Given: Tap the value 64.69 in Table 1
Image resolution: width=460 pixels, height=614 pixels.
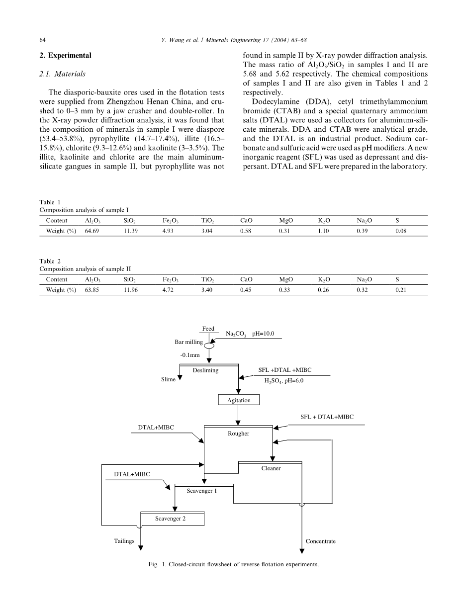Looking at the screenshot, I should (92, 231).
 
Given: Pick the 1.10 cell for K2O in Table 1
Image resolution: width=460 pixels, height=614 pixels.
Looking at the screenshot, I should (324, 231).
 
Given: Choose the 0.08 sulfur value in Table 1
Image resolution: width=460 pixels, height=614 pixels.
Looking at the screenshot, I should (401, 231).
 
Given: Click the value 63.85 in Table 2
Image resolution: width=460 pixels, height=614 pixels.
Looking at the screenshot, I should (92, 290).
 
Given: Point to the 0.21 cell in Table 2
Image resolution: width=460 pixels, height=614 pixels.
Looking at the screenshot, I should (401, 290).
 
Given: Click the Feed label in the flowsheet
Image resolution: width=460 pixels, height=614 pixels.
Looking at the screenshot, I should (208, 329).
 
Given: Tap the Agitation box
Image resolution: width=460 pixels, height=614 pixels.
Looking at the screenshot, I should (239, 400).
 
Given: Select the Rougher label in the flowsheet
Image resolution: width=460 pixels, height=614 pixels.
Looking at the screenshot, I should (239, 434).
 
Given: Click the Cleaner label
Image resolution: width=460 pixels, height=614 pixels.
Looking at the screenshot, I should (271, 468).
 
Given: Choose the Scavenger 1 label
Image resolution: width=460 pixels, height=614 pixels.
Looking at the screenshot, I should (202, 491).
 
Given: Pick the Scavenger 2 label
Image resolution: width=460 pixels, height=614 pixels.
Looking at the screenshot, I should (170, 519).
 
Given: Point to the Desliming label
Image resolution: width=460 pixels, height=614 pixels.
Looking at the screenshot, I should (205, 370).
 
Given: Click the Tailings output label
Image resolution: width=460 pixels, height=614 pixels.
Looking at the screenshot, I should (124, 541).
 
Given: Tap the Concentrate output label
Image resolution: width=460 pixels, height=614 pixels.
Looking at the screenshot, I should (321, 541).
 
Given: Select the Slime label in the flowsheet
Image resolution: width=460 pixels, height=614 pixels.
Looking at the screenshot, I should (168, 379).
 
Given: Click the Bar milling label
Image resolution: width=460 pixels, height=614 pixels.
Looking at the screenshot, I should (188, 342).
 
